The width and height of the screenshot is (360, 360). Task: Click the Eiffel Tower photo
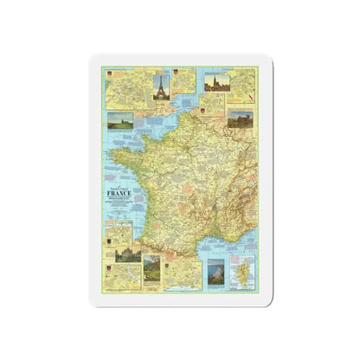click(162, 87)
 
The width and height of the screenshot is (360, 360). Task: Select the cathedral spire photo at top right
click(217, 82)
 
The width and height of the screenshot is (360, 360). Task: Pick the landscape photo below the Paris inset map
click(120, 120)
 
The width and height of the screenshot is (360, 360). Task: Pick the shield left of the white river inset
click(110, 269)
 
